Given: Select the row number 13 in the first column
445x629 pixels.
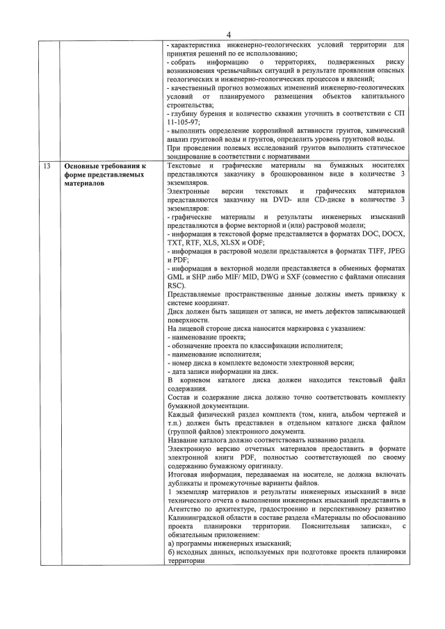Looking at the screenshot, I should [46, 166].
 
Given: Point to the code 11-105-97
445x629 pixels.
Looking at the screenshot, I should [184, 121].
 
